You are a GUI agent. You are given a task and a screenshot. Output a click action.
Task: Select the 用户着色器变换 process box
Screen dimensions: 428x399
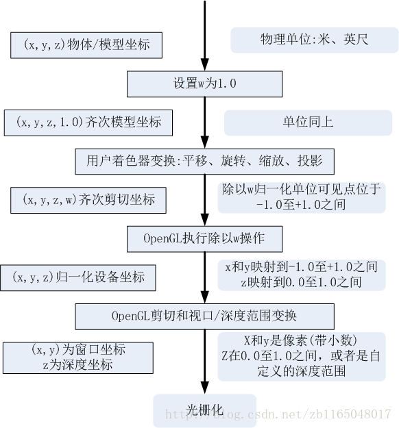(x=204, y=162)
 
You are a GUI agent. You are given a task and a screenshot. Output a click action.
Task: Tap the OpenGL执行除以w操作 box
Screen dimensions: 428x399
(x=204, y=238)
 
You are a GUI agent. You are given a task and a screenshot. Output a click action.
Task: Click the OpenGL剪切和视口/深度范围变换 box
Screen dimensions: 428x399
(x=204, y=316)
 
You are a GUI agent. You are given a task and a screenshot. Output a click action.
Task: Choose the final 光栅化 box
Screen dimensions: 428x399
(x=204, y=410)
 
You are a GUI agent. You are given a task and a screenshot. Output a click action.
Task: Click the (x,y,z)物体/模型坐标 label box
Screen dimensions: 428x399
(x=87, y=45)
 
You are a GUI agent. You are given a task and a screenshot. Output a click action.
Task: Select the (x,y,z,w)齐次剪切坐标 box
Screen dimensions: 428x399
(x=89, y=200)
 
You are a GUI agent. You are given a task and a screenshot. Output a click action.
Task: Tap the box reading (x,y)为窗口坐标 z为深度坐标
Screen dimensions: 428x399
(x=78, y=357)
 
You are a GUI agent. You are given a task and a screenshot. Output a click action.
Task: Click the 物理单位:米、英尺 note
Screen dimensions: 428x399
(x=315, y=40)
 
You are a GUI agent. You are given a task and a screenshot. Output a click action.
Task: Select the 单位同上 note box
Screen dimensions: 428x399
(x=308, y=122)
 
